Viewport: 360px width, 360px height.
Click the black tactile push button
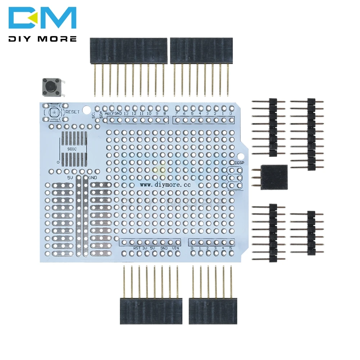click(x=51, y=86)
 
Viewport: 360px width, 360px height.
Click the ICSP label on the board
click(x=239, y=163)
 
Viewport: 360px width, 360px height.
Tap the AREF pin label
click(x=109, y=114)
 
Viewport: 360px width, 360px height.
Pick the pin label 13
click(x=126, y=114)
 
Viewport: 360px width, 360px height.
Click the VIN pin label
click(x=175, y=248)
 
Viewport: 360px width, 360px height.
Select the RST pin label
click(x=137, y=248)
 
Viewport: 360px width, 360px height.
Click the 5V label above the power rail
click(x=71, y=178)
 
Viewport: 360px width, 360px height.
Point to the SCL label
click(x=93, y=116)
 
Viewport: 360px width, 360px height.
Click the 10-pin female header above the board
click(x=128, y=51)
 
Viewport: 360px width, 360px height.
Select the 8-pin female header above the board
click(x=201, y=51)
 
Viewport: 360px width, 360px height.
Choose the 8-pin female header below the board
click(x=151, y=311)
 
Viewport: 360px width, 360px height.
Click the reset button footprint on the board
click(x=54, y=113)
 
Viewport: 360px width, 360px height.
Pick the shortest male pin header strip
click(x=311, y=233)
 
